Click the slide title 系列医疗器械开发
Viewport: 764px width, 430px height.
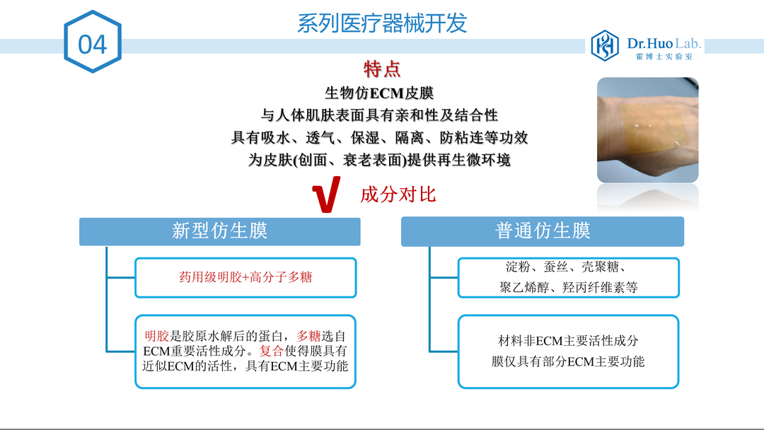click(x=382, y=23)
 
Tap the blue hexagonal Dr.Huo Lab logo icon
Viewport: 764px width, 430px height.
click(x=605, y=45)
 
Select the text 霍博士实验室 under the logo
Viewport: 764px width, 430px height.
click(x=664, y=57)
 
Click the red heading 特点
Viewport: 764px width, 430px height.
click(x=382, y=69)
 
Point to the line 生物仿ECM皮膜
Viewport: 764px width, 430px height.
click(x=379, y=93)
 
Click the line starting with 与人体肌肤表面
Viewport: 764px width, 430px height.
click(x=379, y=115)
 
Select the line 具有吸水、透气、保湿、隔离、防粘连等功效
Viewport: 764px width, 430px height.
click(x=379, y=137)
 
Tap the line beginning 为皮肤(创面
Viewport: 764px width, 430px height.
click(x=379, y=160)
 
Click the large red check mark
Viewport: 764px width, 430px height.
click(x=325, y=194)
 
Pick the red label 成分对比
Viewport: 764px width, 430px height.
click(x=398, y=194)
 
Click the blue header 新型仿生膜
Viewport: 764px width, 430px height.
click(x=220, y=231)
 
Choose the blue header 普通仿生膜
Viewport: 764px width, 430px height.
click(x=543, y=231)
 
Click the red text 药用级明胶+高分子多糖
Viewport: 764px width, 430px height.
click(x=245, y=277)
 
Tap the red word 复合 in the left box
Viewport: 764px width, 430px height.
click(x=272, y=351)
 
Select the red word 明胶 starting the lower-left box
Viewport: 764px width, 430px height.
click(x=157, y=335)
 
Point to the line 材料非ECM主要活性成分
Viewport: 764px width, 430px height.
click(x=568, y=340)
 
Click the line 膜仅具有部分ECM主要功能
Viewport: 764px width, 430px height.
click(x=568, y=361)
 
